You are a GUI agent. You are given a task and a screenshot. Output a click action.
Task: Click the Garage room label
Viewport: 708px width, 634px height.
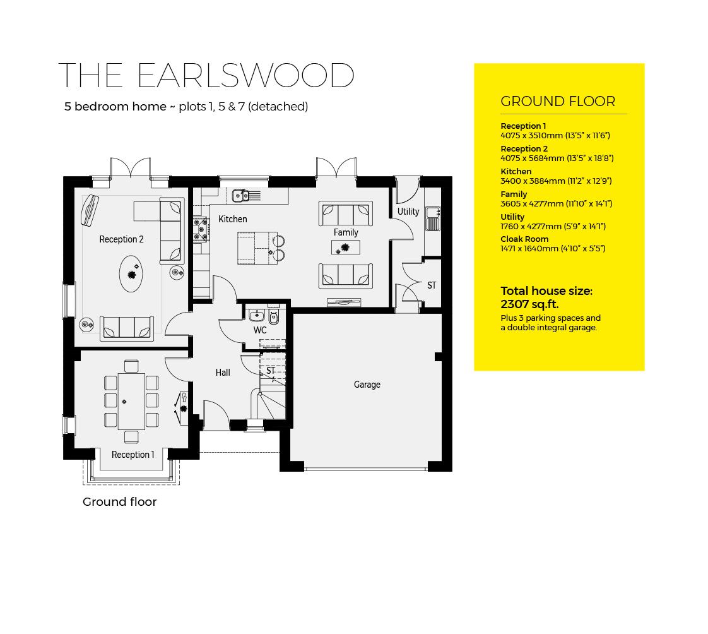[x=367, y=385]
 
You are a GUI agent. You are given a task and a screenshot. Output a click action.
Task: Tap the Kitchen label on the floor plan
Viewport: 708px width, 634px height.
[x=232, y=219]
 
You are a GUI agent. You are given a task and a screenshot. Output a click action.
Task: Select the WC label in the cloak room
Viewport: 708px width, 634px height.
[x=260, y=330]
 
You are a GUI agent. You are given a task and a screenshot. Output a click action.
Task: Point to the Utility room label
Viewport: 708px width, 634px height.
[x=408, y=212]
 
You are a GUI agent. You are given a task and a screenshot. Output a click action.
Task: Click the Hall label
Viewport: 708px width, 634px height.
[x=222, y=373]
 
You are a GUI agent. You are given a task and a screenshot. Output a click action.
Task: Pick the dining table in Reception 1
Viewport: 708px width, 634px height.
[x=131, y=401]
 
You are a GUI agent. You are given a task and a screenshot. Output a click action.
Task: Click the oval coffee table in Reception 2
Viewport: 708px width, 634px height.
[x=131, y=274]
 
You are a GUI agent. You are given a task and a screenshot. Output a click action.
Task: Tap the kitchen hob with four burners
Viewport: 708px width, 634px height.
[x=201, y=229]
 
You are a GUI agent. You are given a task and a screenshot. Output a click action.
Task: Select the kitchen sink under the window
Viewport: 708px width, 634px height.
[x=242, y=195]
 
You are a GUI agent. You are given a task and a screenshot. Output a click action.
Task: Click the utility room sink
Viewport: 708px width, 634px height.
[x=433, y=219]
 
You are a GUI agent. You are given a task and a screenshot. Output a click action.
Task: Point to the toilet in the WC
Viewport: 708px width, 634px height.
[x=274, y=316]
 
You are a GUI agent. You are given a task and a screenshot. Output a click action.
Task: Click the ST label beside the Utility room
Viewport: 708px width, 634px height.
[x=432, y=285]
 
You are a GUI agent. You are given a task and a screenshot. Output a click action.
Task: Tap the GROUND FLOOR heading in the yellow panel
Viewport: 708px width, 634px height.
[x=557, y=102]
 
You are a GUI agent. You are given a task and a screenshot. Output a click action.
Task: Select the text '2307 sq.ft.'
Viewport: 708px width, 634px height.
[x=529, y=304]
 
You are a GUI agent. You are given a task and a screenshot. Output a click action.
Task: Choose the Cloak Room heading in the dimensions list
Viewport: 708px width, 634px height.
[x=524, y=239]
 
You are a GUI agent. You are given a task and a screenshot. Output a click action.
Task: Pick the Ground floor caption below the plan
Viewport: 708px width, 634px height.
[x=119, y=502]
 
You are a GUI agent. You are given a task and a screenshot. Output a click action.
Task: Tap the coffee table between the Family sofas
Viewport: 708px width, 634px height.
[x=345, y=248]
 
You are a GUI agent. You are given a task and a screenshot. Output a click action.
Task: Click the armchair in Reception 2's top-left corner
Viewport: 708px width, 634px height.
[x=90, y=210]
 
